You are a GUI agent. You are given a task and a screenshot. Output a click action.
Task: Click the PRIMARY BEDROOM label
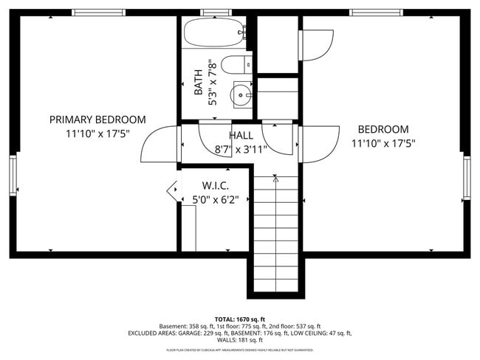97,120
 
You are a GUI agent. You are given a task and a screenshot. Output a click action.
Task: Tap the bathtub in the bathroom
213,33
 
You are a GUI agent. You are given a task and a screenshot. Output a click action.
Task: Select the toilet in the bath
236,65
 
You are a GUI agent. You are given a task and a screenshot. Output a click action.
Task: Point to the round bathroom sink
241,95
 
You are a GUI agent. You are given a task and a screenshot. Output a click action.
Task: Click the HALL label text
241,136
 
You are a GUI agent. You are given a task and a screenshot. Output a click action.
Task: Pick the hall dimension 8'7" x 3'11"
241,149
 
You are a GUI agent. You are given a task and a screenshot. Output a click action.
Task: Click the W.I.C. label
215,186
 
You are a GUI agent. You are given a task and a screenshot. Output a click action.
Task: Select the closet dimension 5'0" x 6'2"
215,199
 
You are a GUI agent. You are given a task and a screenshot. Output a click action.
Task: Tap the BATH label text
198,83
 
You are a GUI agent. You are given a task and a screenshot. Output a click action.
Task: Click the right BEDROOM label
383,129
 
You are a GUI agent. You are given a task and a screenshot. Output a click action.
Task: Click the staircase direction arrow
275,178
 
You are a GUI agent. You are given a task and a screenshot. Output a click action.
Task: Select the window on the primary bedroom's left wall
13,175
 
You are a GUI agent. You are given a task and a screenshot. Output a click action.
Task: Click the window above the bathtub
214,13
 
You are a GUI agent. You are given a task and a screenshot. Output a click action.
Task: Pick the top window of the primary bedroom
98,13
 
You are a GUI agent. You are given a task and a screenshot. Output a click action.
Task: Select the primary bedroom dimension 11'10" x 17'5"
97,134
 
